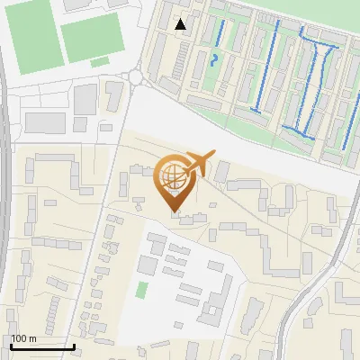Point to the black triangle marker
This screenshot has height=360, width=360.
tap(182, 24)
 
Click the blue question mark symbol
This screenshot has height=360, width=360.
tap(213, 61)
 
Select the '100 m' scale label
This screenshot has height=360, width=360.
tap(23, 338)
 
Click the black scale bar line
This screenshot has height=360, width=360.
tap(42, 346)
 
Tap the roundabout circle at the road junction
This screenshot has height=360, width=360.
tap(136, 77)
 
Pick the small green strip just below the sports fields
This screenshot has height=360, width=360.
tap(100, 62)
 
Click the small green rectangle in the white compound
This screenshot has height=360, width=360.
tap(142, 290)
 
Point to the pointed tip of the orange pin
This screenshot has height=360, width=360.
tap(175, 211)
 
